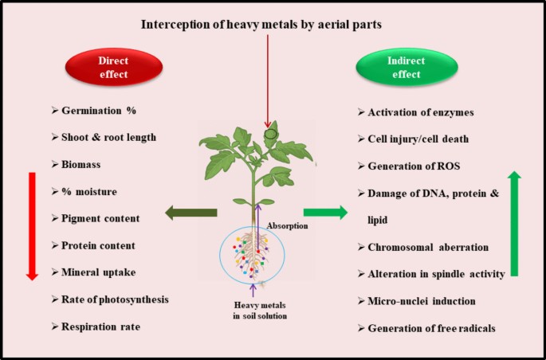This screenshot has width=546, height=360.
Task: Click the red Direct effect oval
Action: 114,67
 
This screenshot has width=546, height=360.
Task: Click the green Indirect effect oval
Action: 407,67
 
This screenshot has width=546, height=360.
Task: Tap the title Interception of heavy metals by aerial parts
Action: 261,25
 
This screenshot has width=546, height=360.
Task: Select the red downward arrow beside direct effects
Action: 32,226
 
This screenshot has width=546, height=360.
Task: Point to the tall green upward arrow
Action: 514,224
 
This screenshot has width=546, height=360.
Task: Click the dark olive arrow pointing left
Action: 191,213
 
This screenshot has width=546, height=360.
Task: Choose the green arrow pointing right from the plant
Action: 325,212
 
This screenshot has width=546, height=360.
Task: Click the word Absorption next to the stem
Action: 287,225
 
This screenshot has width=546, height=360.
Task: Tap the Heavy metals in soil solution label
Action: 260,311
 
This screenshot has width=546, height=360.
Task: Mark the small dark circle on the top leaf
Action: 270,134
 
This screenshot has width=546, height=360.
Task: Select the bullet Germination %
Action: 94,111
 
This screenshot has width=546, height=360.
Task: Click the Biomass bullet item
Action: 76,164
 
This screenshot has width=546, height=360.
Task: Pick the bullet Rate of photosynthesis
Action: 110,299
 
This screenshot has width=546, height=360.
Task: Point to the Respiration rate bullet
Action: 96,327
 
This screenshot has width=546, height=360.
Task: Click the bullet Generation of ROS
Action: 409,166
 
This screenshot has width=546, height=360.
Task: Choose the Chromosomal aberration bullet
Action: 423,248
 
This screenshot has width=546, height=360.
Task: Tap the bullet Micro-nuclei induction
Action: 416,301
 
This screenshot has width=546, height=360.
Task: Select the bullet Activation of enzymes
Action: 416,112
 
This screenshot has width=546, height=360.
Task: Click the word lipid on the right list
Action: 378,220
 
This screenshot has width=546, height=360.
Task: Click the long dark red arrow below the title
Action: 268,81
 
